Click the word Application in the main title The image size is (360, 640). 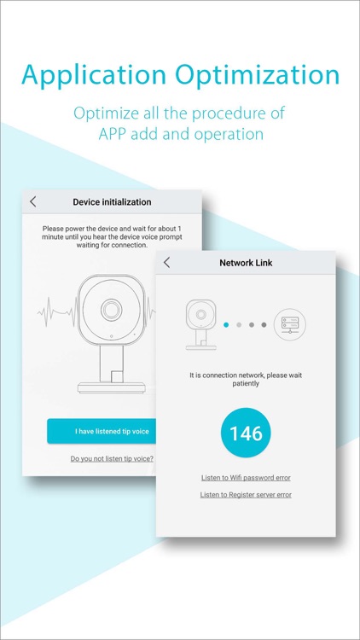pos(94,76)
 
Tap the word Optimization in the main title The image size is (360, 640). pos(258,76)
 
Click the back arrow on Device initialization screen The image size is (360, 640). pos(33,201)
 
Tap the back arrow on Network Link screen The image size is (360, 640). pos(166,263)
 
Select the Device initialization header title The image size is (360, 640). pos(112,202)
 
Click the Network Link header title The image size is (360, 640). pos(246,263)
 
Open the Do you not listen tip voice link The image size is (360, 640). pos(112,458)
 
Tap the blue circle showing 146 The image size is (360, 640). pos(246,433)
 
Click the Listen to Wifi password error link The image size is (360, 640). pos(246,478)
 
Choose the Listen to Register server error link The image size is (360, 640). pos(246,495)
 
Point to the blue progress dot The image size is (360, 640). pos(226,325)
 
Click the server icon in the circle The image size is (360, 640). pos(290,324)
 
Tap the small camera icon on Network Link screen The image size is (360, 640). pos(200,324)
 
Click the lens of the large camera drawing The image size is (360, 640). pos(111,311)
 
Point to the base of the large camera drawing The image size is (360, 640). pos(111,387)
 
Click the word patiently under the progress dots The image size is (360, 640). pos(246,384)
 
